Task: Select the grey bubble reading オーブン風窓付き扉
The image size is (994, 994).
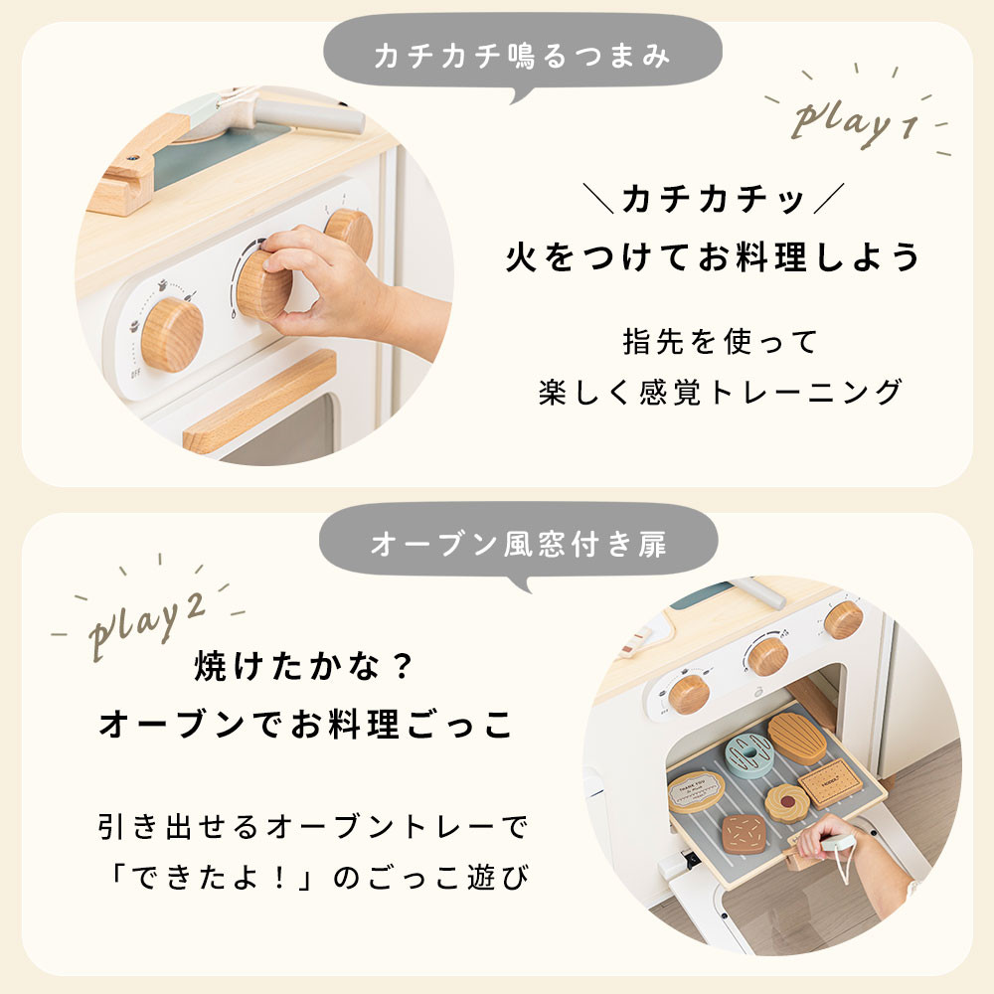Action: point(519,544)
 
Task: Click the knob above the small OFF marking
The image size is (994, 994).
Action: point(172,334)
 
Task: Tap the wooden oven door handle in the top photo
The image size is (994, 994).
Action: point(259,402)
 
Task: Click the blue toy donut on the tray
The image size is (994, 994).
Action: point(748,755)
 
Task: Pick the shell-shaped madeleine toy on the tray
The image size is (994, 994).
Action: point(797,738)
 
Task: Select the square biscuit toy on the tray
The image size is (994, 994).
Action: point(830,783)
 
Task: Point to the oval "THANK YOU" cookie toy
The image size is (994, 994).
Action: point(696,791)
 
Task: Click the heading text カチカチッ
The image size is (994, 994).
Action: point(713,199)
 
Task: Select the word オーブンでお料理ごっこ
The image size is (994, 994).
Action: point(305,724)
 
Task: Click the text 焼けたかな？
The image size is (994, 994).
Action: point(304,667)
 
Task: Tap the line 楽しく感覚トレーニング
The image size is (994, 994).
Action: point(720,392)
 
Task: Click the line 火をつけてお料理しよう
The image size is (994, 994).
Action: point(713,257)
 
